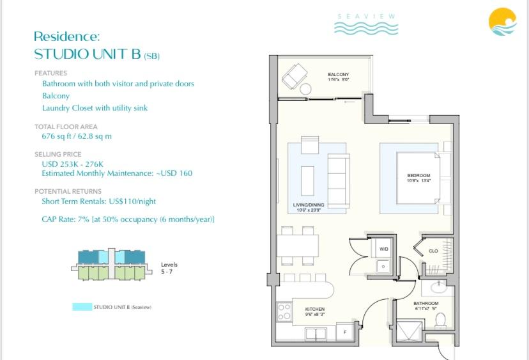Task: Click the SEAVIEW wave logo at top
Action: tap(366, 24)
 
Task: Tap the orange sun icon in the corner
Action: tap(502, 22)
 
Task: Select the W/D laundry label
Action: tap(383, 249)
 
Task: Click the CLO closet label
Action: tap(433, 251)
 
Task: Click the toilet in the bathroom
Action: tap(440, 321)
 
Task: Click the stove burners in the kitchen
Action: tap(284, 313)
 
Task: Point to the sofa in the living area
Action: tap(338, 178)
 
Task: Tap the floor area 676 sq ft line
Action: tap(76, 136)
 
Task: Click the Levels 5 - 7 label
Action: tap(169, 268)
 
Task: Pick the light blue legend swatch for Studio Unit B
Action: tap(82, 308)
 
